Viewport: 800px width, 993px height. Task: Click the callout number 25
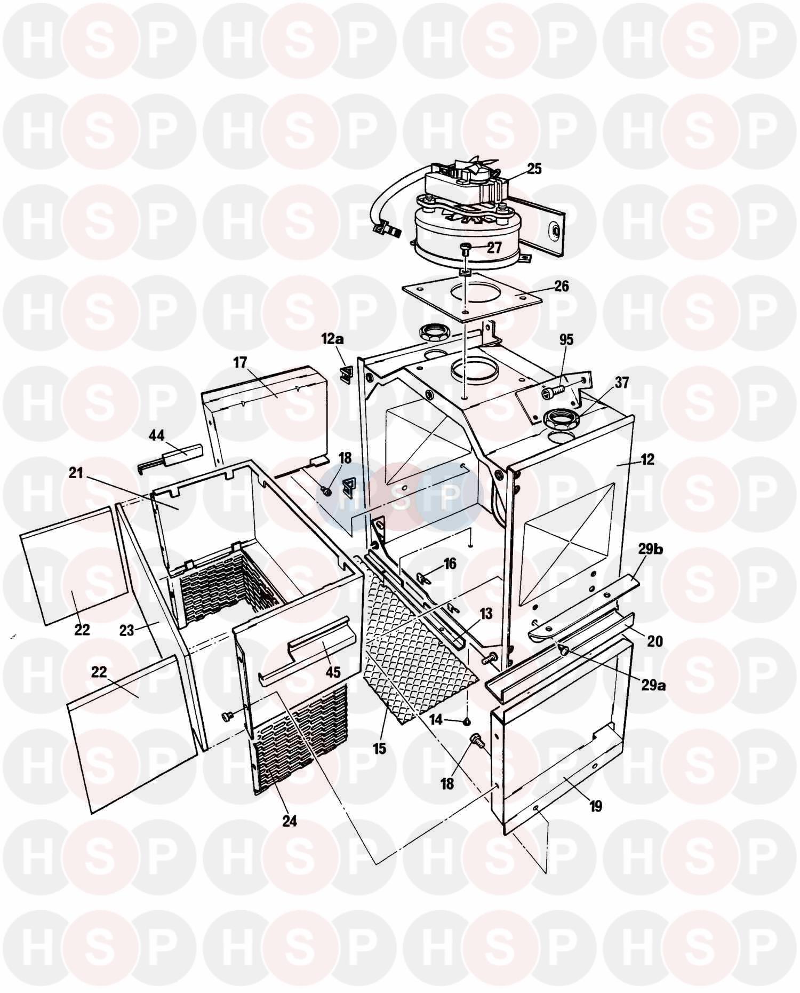(534, 169)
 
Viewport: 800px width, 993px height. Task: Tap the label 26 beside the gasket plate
(562, 286)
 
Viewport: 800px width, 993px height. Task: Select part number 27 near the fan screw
(494, 248)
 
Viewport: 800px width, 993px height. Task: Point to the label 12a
(332, 338)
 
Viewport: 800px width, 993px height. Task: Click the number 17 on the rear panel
(240, 363)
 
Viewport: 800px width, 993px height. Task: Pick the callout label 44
(156, 436)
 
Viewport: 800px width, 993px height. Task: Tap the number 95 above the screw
(566, 340)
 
